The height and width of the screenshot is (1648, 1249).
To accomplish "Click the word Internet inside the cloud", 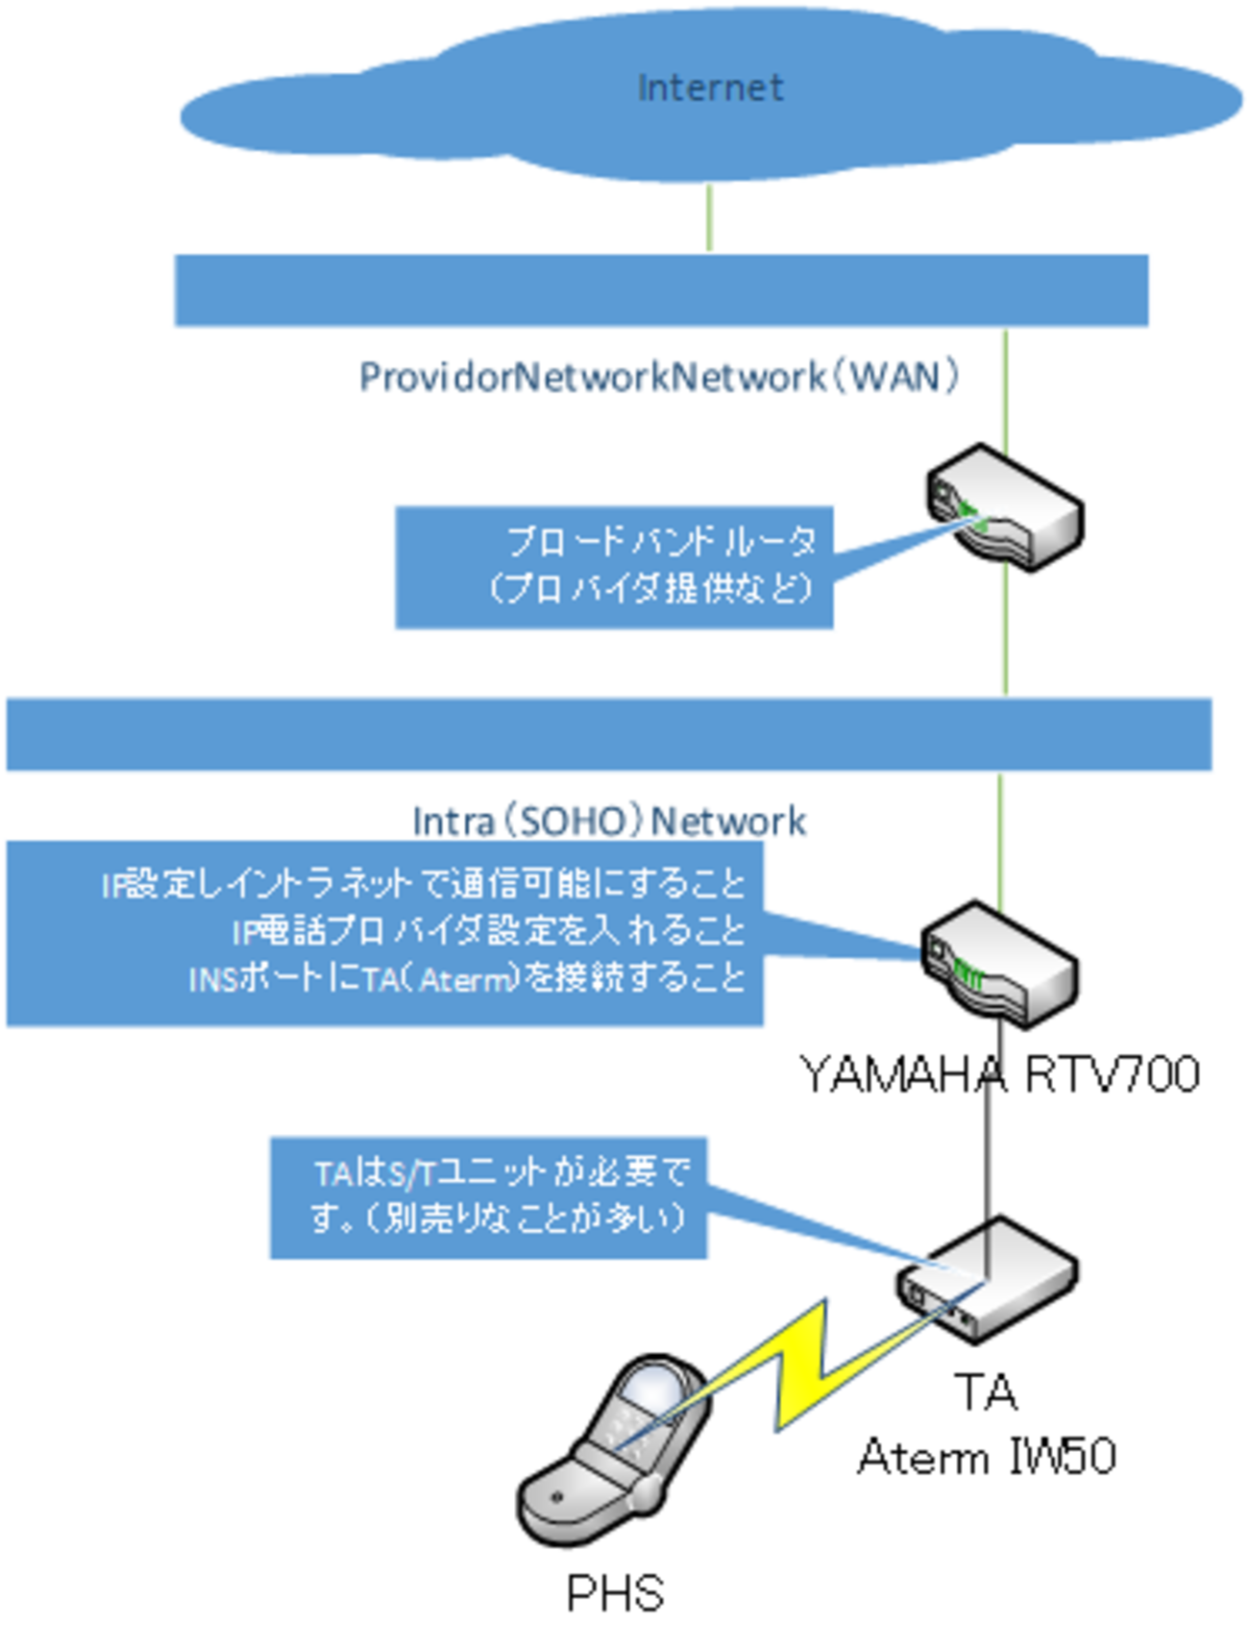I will pos(710,88).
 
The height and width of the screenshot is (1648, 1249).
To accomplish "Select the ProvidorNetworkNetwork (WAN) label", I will pos(659,377).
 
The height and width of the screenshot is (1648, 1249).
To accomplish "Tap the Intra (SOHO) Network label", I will pos(609,822).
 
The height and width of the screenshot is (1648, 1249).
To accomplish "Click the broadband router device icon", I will pos(1005,508).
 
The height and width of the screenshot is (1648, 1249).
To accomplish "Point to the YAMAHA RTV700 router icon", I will pos(999,965).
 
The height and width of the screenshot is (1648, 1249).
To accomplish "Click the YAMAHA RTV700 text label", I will pos(1000,1074).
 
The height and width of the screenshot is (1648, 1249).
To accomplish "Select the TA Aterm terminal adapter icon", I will pos(988,1280).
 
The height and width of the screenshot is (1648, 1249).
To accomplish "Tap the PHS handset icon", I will pos(615,1451).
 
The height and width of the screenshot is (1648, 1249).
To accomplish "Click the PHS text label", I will pos(615,1593).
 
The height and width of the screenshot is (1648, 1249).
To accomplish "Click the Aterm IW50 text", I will pos(987,1457).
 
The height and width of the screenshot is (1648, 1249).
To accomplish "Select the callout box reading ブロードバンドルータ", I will pos(614,567).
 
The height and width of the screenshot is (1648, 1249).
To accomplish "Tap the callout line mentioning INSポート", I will pos(467,979).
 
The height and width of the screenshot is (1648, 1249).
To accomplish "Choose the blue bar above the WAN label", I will pos(661,290).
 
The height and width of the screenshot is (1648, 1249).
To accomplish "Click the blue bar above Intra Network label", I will pos(609,734).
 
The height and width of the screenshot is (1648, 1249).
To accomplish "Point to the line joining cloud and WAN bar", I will pos(710,218).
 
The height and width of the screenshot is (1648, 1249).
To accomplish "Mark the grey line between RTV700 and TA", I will pos(990,1134).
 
